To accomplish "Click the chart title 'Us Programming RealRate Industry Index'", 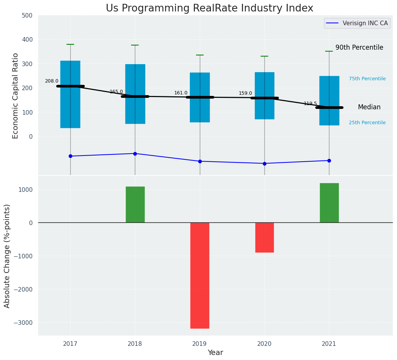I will point(209,8).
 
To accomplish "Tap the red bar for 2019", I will point(200,275).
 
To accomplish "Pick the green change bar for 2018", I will point(135,204).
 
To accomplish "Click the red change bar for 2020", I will point(264,237).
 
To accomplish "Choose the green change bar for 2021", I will point(329,203).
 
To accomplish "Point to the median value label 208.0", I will point(52,81).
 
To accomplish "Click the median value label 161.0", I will point(181,93).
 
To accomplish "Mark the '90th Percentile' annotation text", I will point(359,48).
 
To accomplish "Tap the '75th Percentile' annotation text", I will point(367,79).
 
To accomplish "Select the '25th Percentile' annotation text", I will point(367,123).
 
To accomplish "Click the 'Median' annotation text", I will point(369,107).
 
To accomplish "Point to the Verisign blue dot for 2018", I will point(135,154).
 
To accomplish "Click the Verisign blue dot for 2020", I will point(264,164).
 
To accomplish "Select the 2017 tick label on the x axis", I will point(70,344).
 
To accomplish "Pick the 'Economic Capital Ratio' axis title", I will point(16,96).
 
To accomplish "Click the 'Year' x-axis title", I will point(215,353).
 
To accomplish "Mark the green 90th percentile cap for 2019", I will point(200,55).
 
